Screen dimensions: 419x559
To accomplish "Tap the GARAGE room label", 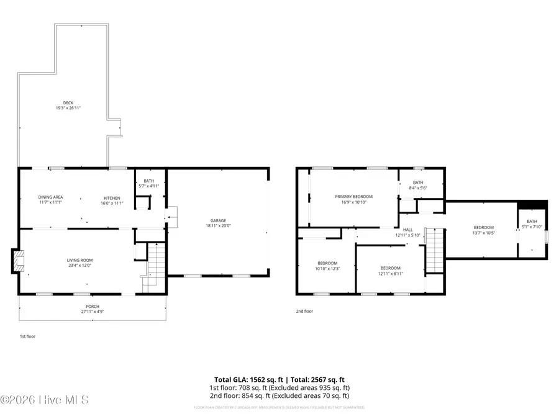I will pyautogui.click(x=217, y=220).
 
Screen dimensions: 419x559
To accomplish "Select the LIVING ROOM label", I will pyautogui.click(x=80, y=260).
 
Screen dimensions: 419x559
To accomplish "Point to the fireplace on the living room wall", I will pyautogui.click(x=16, y=261).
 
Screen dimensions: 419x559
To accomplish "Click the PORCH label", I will pyautogui.click(x=92, y=307).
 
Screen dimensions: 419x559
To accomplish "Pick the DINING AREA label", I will pyautogui.click(x=50, y=197).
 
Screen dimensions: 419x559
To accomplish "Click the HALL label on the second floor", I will pyautogui.click(x=407, y=230).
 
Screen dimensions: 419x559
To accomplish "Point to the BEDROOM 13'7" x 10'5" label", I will pyautogui.click(x=483, y=227).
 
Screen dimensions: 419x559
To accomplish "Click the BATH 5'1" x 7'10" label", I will pyautogui.click(x=532, y=222).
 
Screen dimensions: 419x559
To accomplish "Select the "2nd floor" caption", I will pyautogui.click(x=304, y=311).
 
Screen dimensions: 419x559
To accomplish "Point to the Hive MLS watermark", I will pyautogui.click(x=44, y=400).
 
